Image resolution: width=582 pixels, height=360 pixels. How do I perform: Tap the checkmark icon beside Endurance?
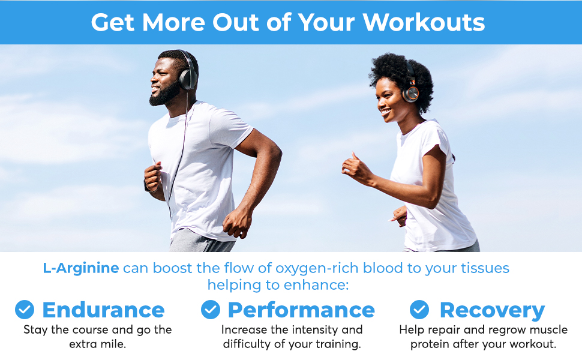(x=25, y=310)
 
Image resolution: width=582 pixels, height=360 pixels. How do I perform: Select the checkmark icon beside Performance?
(x=210, y=310)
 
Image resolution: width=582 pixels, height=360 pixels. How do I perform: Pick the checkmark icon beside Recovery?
(x=419, y=310)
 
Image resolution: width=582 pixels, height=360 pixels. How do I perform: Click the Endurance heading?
(x=103, y=310)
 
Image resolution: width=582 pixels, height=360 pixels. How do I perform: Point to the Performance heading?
(x=301, y=310)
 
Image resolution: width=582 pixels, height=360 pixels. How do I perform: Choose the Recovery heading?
(x=492, y=310)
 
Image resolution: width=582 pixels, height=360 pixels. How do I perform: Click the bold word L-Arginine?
(x=81, y=268)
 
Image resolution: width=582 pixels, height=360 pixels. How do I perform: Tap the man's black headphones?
(x=188, y=75)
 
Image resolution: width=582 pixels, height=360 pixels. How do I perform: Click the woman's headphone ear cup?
(x=410, y=93)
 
